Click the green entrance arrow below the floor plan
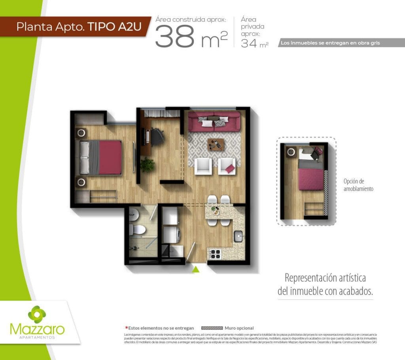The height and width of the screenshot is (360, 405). (195, 269)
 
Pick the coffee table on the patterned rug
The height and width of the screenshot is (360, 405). (216, 144)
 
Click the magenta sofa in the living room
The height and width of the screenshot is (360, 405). (214, 121)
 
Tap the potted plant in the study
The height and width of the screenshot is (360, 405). (148, 165)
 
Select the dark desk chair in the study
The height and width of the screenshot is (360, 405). (158, 136)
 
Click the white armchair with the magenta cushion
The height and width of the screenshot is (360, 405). (227, 166)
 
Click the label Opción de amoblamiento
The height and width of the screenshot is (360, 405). (358, 185)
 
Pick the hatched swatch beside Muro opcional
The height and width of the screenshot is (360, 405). (212, 328)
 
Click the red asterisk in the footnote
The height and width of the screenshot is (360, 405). (126, 328)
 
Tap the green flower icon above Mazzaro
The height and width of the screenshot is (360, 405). (37, 315)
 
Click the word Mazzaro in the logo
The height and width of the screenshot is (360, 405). (37, 330)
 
